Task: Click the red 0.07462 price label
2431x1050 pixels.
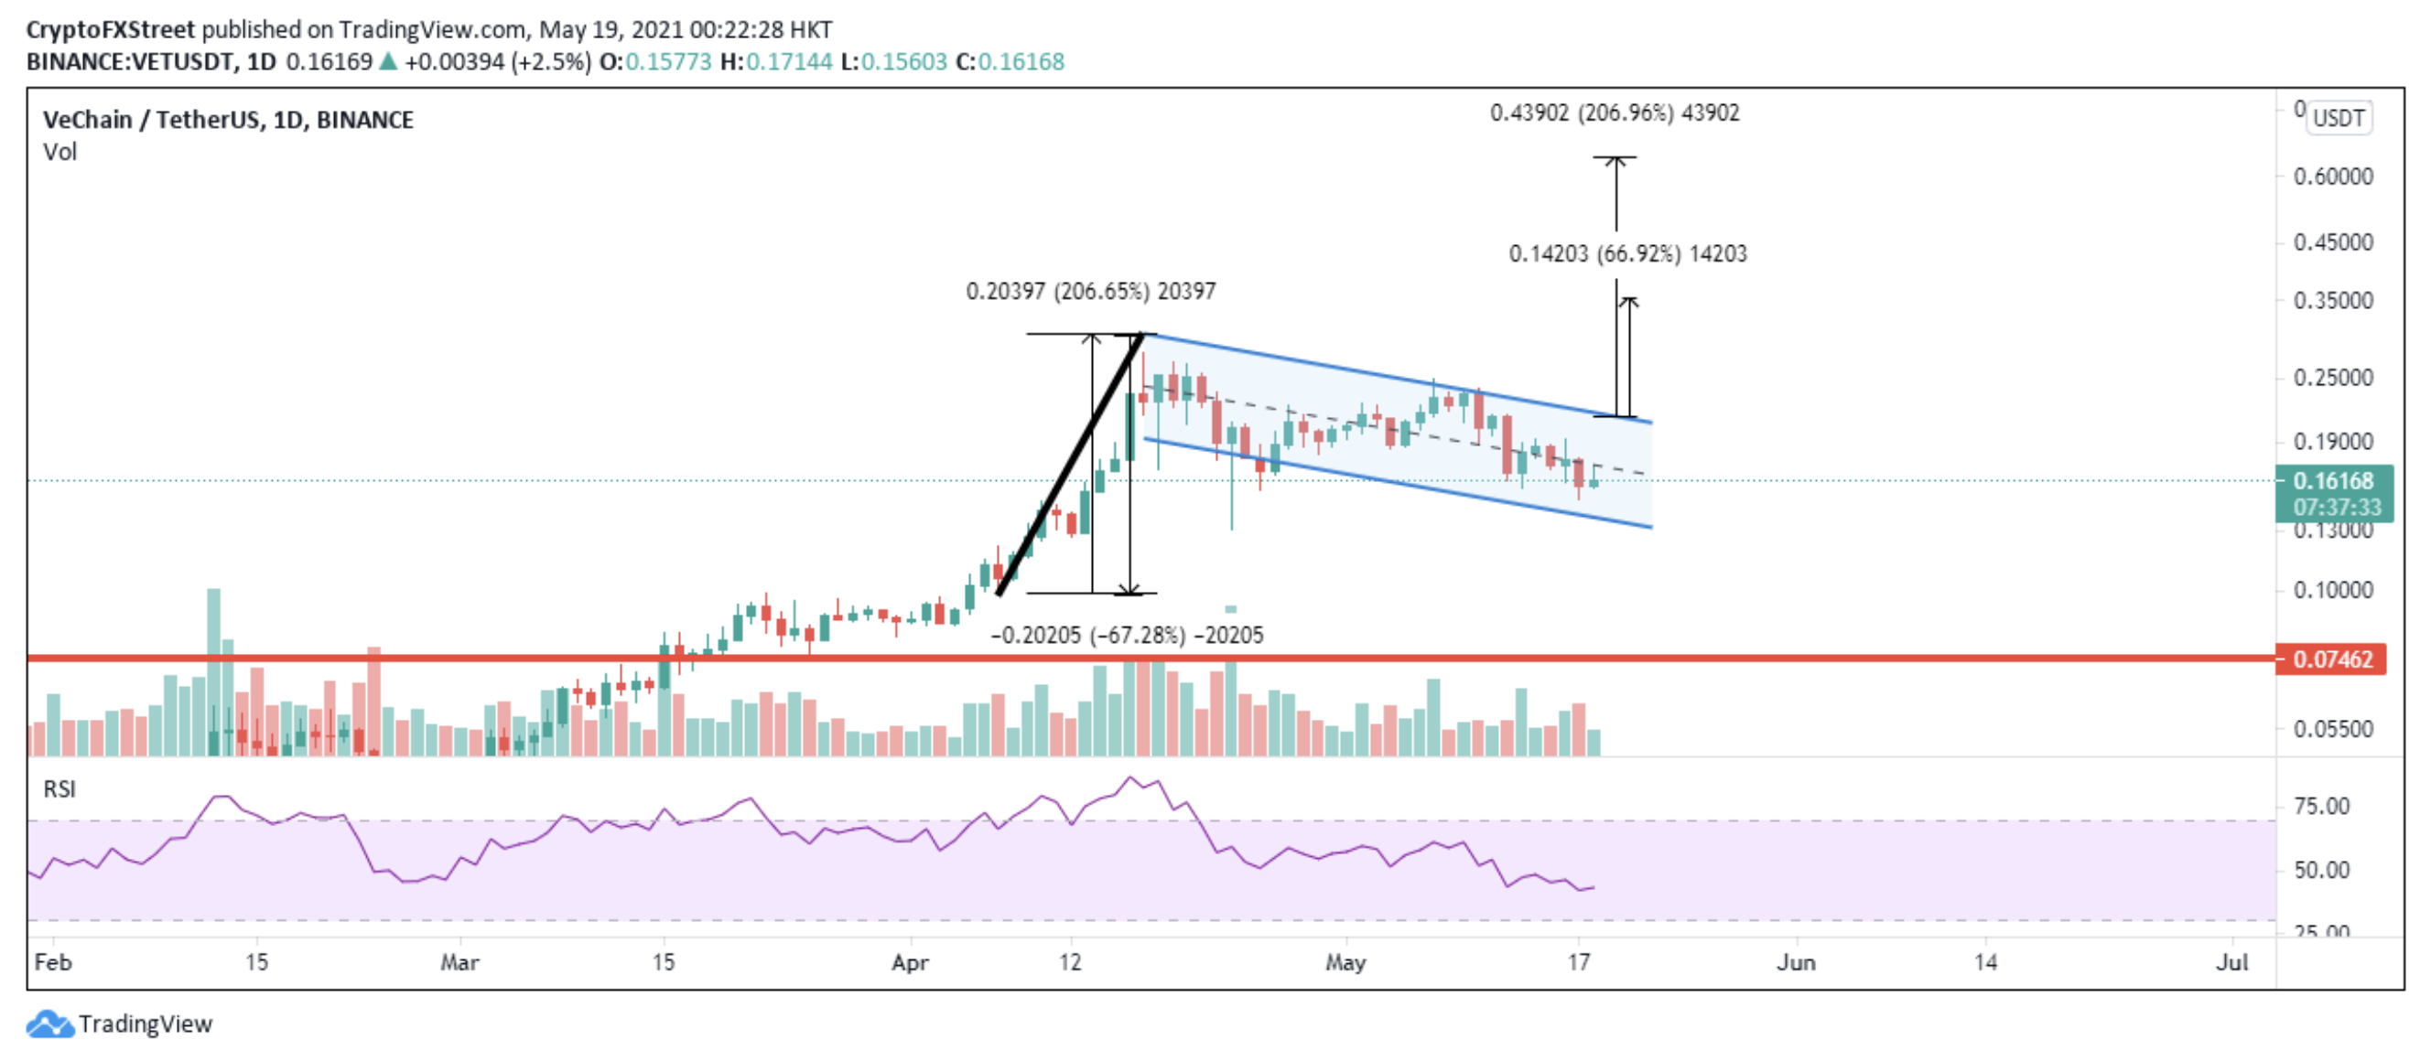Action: (2331, 659)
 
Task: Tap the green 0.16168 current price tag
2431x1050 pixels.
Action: (2333, 481)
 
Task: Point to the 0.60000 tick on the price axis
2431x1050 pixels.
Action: (2333, 177)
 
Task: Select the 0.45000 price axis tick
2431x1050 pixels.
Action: (2333, 242)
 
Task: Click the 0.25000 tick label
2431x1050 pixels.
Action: (2333, 378)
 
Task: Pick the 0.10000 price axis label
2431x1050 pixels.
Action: (2333, 591)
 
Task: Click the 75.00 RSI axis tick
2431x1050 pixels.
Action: (2321, 807)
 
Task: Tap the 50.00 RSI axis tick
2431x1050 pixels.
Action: (2321, 870)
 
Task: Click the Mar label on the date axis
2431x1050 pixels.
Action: (459, 962)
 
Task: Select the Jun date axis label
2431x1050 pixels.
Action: (1795, 962)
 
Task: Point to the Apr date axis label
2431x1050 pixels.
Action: (910, 962)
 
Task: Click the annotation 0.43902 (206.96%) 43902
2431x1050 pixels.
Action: (1614, 113)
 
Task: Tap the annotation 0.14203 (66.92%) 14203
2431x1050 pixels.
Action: (1627, 253)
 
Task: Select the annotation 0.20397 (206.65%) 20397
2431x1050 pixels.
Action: (1090, 292)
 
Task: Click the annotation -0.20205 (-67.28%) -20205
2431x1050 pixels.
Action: (1126, 635)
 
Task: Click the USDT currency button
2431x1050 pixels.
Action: (2339, 118)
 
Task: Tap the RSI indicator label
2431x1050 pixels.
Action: (59, 788)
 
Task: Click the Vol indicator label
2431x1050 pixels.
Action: (59, 152)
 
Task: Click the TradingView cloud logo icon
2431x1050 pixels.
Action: (49, 1024)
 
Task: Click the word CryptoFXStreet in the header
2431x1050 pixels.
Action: (111, 29)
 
